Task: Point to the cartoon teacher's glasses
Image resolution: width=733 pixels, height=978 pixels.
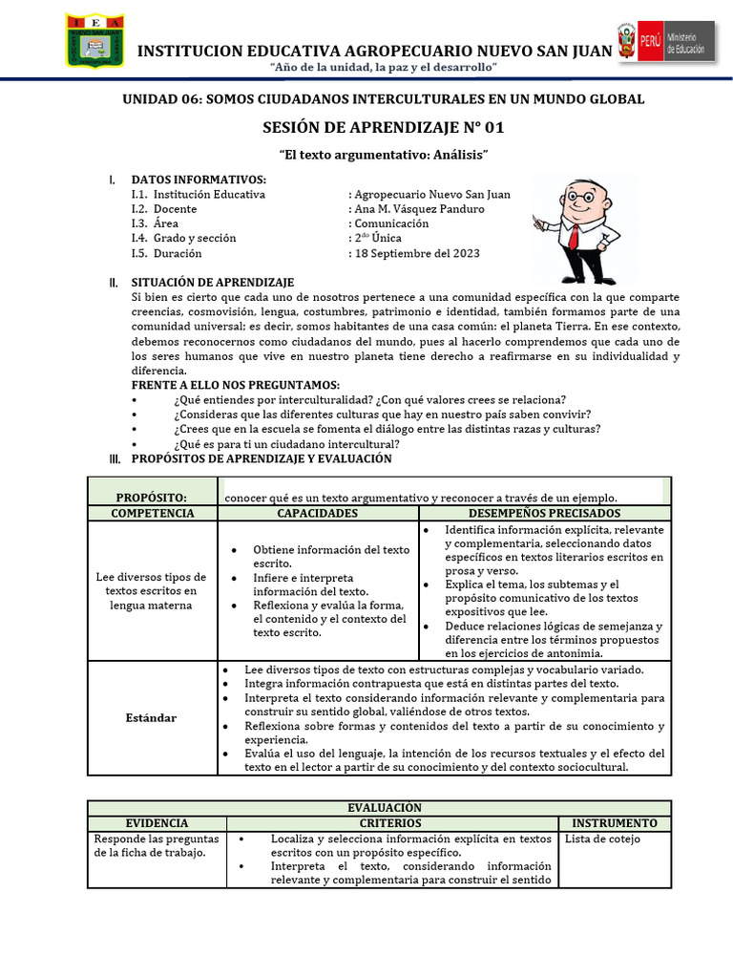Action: point(575,200)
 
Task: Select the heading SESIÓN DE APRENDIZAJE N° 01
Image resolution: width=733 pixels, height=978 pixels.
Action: point(383,128)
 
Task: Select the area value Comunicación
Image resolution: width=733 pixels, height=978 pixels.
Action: point(391,223)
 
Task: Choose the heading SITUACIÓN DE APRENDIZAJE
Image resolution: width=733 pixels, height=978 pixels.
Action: point(213,282)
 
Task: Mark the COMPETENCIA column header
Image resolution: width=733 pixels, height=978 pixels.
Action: point(153,514)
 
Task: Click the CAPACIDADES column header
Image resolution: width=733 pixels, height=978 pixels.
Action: point(318,514)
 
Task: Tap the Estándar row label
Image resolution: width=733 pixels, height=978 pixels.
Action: point(153,717)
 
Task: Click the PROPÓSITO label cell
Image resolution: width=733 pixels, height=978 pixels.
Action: point(152,498)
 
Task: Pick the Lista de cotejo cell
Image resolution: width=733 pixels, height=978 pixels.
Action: point(602,840)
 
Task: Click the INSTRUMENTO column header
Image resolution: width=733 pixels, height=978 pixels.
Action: point(614,823)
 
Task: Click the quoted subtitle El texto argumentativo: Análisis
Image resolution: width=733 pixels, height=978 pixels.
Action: point(383,155)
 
